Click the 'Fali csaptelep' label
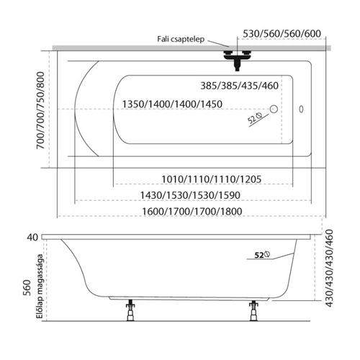(181, 39)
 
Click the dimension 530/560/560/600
(282, 34)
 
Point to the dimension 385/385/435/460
(239, 86)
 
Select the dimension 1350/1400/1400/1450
(172, 104)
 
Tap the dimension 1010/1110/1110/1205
(211, 179)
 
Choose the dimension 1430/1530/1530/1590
(190, 195)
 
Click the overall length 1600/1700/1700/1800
(192, 212)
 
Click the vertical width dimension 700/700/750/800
(40, 110)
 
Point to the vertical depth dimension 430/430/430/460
(329, 268)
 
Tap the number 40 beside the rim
(32, 238)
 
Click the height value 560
(27, 288)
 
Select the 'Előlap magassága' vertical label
(40, 286)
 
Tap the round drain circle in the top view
(274, 109)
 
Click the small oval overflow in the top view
(301, 109)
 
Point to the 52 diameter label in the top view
(255, 118)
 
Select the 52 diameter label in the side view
(262, 255)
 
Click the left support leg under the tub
(130, 310)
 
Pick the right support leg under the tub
(253, 310)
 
